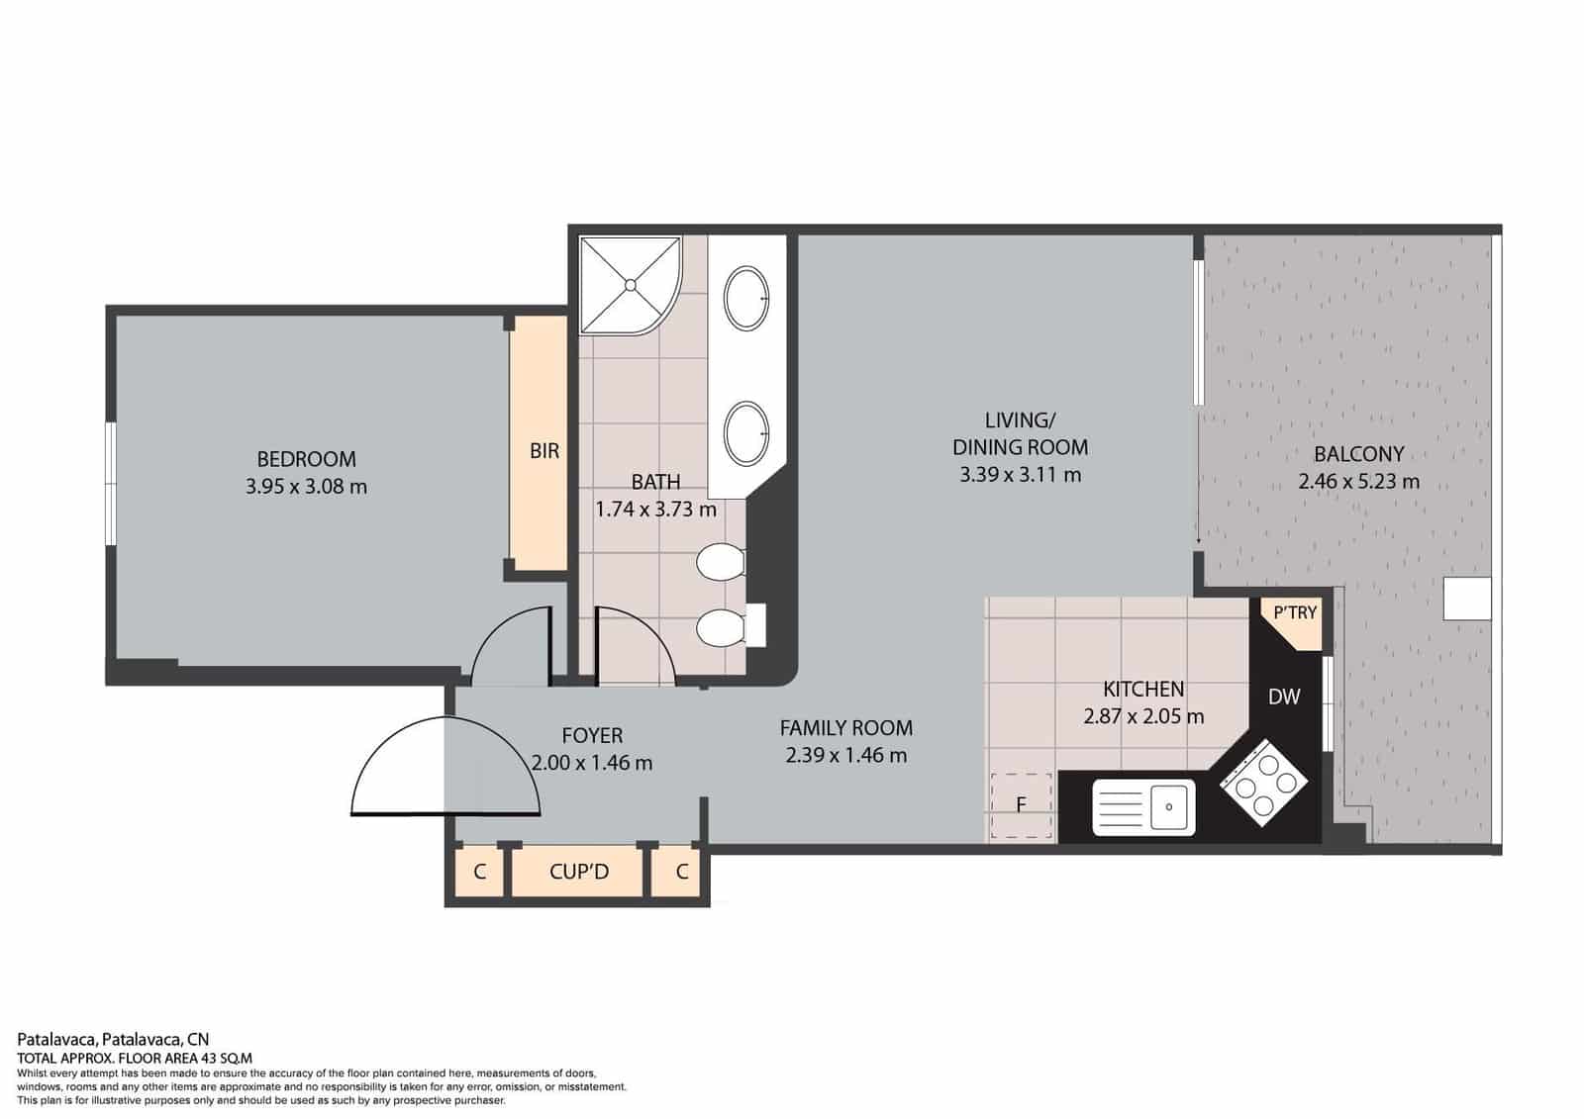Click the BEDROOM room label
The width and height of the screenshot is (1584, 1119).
pos(306,459)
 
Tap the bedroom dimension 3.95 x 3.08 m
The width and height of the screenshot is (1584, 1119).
pos(306,487)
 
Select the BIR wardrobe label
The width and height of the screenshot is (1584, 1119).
pos(544,451)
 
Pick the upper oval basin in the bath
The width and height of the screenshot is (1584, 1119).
pos(746,298)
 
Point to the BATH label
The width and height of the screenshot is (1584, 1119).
pos(655,482)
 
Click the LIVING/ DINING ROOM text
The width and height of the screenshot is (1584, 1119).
pos(1020,433)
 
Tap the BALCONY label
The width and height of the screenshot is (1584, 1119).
pos(1358,454)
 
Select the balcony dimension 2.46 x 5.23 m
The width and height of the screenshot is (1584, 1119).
pos(1358,482)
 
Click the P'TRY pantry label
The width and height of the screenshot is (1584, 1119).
pos(1295,613)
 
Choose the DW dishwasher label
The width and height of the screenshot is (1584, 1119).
pos(1284,697)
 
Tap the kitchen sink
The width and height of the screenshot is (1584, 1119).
pos(1143,806)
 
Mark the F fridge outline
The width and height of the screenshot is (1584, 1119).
pos(1022,805)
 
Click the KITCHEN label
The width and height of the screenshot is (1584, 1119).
pos(1143,689)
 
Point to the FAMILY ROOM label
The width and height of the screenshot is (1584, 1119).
pos(845,728)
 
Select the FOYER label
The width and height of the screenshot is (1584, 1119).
pos(592,736)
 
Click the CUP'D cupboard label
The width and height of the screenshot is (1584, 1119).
pos(579,872)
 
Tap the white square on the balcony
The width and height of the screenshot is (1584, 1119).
pos(1467,599)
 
